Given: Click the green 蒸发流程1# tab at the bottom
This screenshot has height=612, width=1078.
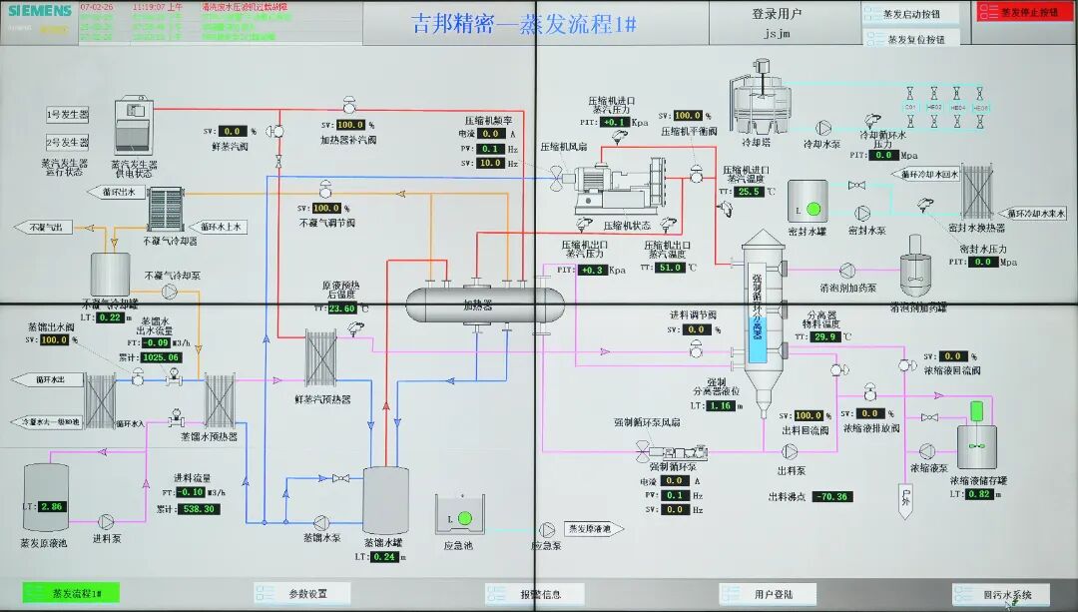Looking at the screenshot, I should (71, 593).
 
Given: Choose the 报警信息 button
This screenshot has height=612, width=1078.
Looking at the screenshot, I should (538, 594).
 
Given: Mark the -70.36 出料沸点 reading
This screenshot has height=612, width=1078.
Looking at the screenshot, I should (831, 496).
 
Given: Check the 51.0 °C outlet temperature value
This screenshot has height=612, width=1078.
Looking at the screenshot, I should (668, 268).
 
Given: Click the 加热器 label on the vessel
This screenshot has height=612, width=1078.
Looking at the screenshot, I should (477, 306).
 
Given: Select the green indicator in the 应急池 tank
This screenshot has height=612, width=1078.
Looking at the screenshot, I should (463, 518).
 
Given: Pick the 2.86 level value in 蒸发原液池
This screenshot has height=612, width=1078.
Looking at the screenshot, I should (50, 507).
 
